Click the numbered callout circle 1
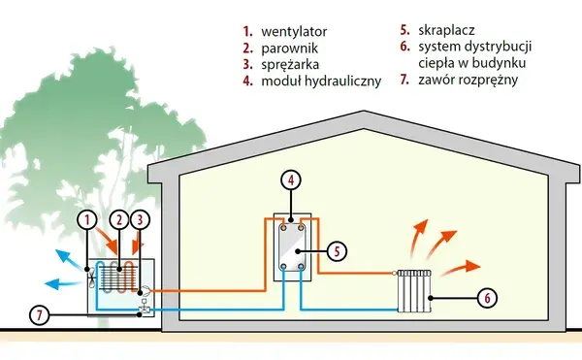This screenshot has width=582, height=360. click(x=87, y=220)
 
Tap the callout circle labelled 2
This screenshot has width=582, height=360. click(x=118, y=220)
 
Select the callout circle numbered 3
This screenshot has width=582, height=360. click(x=140, y=220)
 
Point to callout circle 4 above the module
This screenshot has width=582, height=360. click(x=291, y=180)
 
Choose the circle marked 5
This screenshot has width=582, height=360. click(x=337, y=251)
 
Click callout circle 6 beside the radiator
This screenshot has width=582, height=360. click(x=487, y=298)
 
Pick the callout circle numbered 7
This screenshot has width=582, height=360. click(x=40, y=315)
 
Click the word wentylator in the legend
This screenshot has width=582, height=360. click(x=294, y=32)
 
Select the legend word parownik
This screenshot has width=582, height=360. click(x=289, y=49)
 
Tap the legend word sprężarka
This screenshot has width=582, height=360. click(x=290, y=65)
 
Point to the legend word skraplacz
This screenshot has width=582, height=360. click(x=446, y=30)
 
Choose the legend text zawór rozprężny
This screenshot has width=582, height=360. click(x=468, y=80)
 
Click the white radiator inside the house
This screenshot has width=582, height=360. click(x=414, y=291)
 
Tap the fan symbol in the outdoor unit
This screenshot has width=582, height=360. click(x=92, y=275)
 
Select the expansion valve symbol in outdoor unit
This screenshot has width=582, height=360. click(x=144, y=308)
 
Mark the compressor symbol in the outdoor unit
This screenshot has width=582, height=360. click(x=145, y=290)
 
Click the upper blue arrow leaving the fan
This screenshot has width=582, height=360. click(x=69, y=259)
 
